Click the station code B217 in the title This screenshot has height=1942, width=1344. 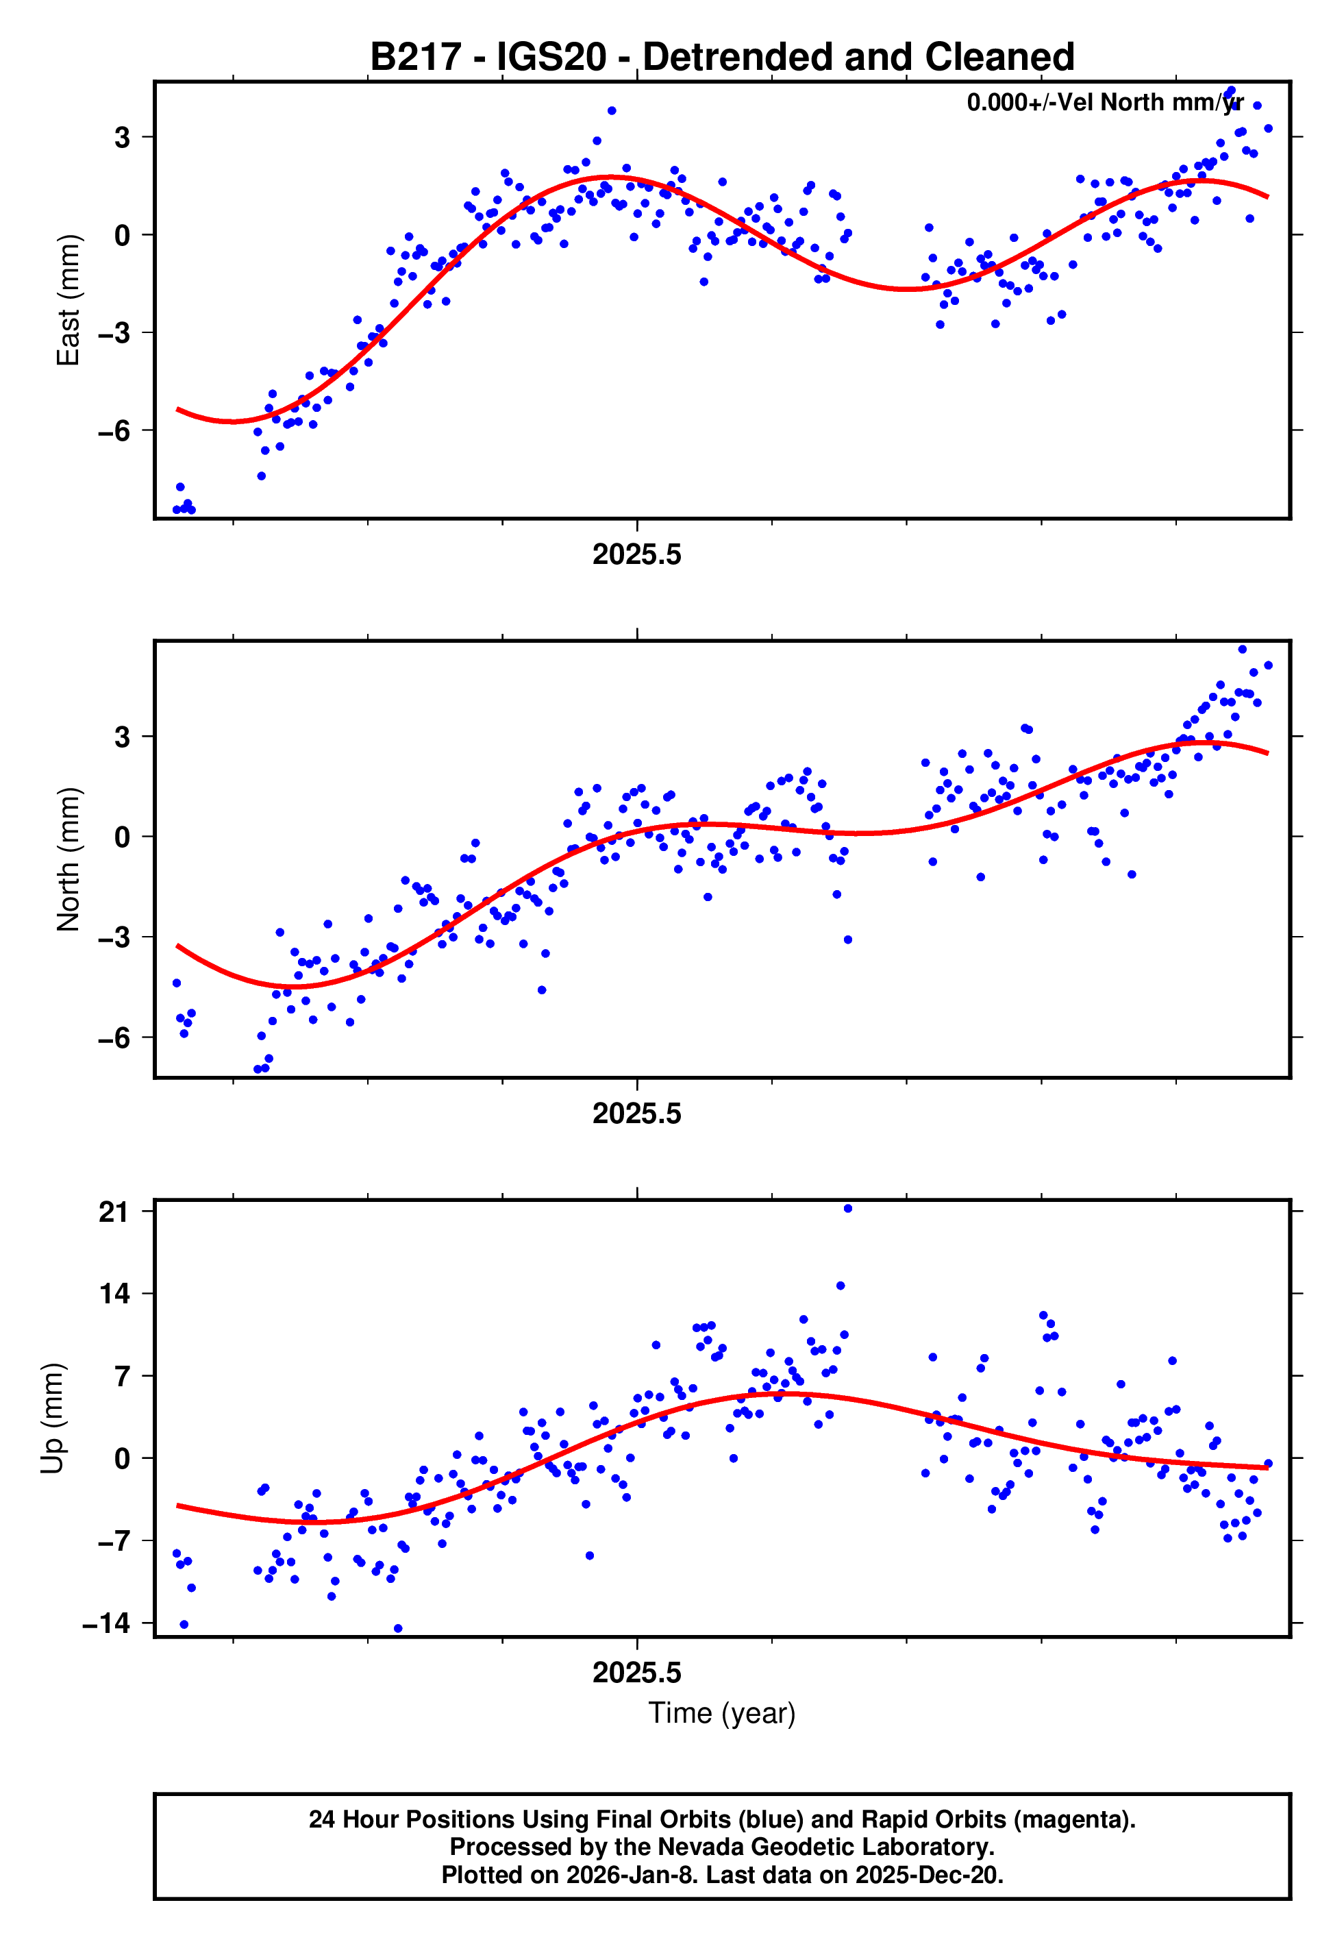pyautogui.click(x=416, y=58)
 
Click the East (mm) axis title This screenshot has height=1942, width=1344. pyautogui.click(x=67, y=301)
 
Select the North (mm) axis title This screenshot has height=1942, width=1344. pyautogui.click(x=67, y=859)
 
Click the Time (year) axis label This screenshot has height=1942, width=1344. pyautogui.click(x=722, y=1713)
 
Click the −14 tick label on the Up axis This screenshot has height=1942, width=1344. pyautogui.click(x=107, y=1623)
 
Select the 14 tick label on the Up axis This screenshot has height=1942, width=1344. pyautogui.click(x=114, y=1294)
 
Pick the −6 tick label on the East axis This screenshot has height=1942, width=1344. pyautogui.click(x=114, y=431)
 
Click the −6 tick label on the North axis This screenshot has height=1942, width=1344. pyautogui.click(x=114, y=1038)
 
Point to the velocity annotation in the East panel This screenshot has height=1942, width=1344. pyautogui.click(x=1104, y=103)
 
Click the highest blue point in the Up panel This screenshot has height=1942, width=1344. pyautogui.click(x=847, y=1209)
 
